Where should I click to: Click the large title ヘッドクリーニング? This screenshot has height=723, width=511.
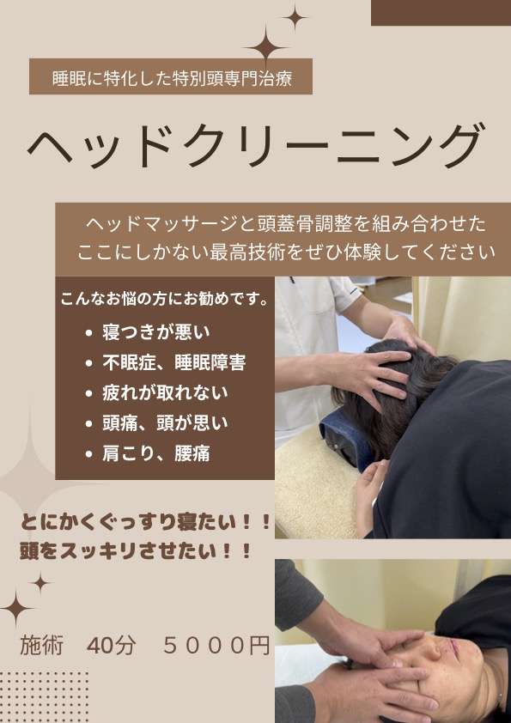coord(256,146)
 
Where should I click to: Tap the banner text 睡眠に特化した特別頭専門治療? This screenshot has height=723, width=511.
coord(172,78)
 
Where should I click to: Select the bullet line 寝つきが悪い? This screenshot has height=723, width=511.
coord(156,332)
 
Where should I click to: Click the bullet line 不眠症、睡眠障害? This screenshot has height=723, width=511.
coord(173,362)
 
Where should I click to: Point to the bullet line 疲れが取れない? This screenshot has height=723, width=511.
coord(165,393)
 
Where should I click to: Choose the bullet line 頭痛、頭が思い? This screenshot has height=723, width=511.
coord(165,423)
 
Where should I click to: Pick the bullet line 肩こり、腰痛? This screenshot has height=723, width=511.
coord(156,453)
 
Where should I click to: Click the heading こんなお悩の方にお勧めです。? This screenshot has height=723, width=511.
coord(165,300)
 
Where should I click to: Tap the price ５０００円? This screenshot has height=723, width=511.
coord(216,646)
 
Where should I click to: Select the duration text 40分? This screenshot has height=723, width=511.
coord(111,646)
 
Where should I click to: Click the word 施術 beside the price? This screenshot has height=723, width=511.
coord(41,646)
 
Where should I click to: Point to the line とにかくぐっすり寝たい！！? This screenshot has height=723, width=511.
coord(145,522)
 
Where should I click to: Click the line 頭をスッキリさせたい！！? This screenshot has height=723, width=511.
coord(136,551)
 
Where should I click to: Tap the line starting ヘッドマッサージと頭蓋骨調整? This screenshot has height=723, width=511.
coord(286,224)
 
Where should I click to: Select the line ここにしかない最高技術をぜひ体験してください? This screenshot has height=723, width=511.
coord(286,252)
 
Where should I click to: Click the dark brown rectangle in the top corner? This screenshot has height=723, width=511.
coord(441,13)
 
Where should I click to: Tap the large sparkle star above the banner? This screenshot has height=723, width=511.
coord(266,46)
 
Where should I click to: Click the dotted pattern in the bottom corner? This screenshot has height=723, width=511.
coord(44,697)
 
